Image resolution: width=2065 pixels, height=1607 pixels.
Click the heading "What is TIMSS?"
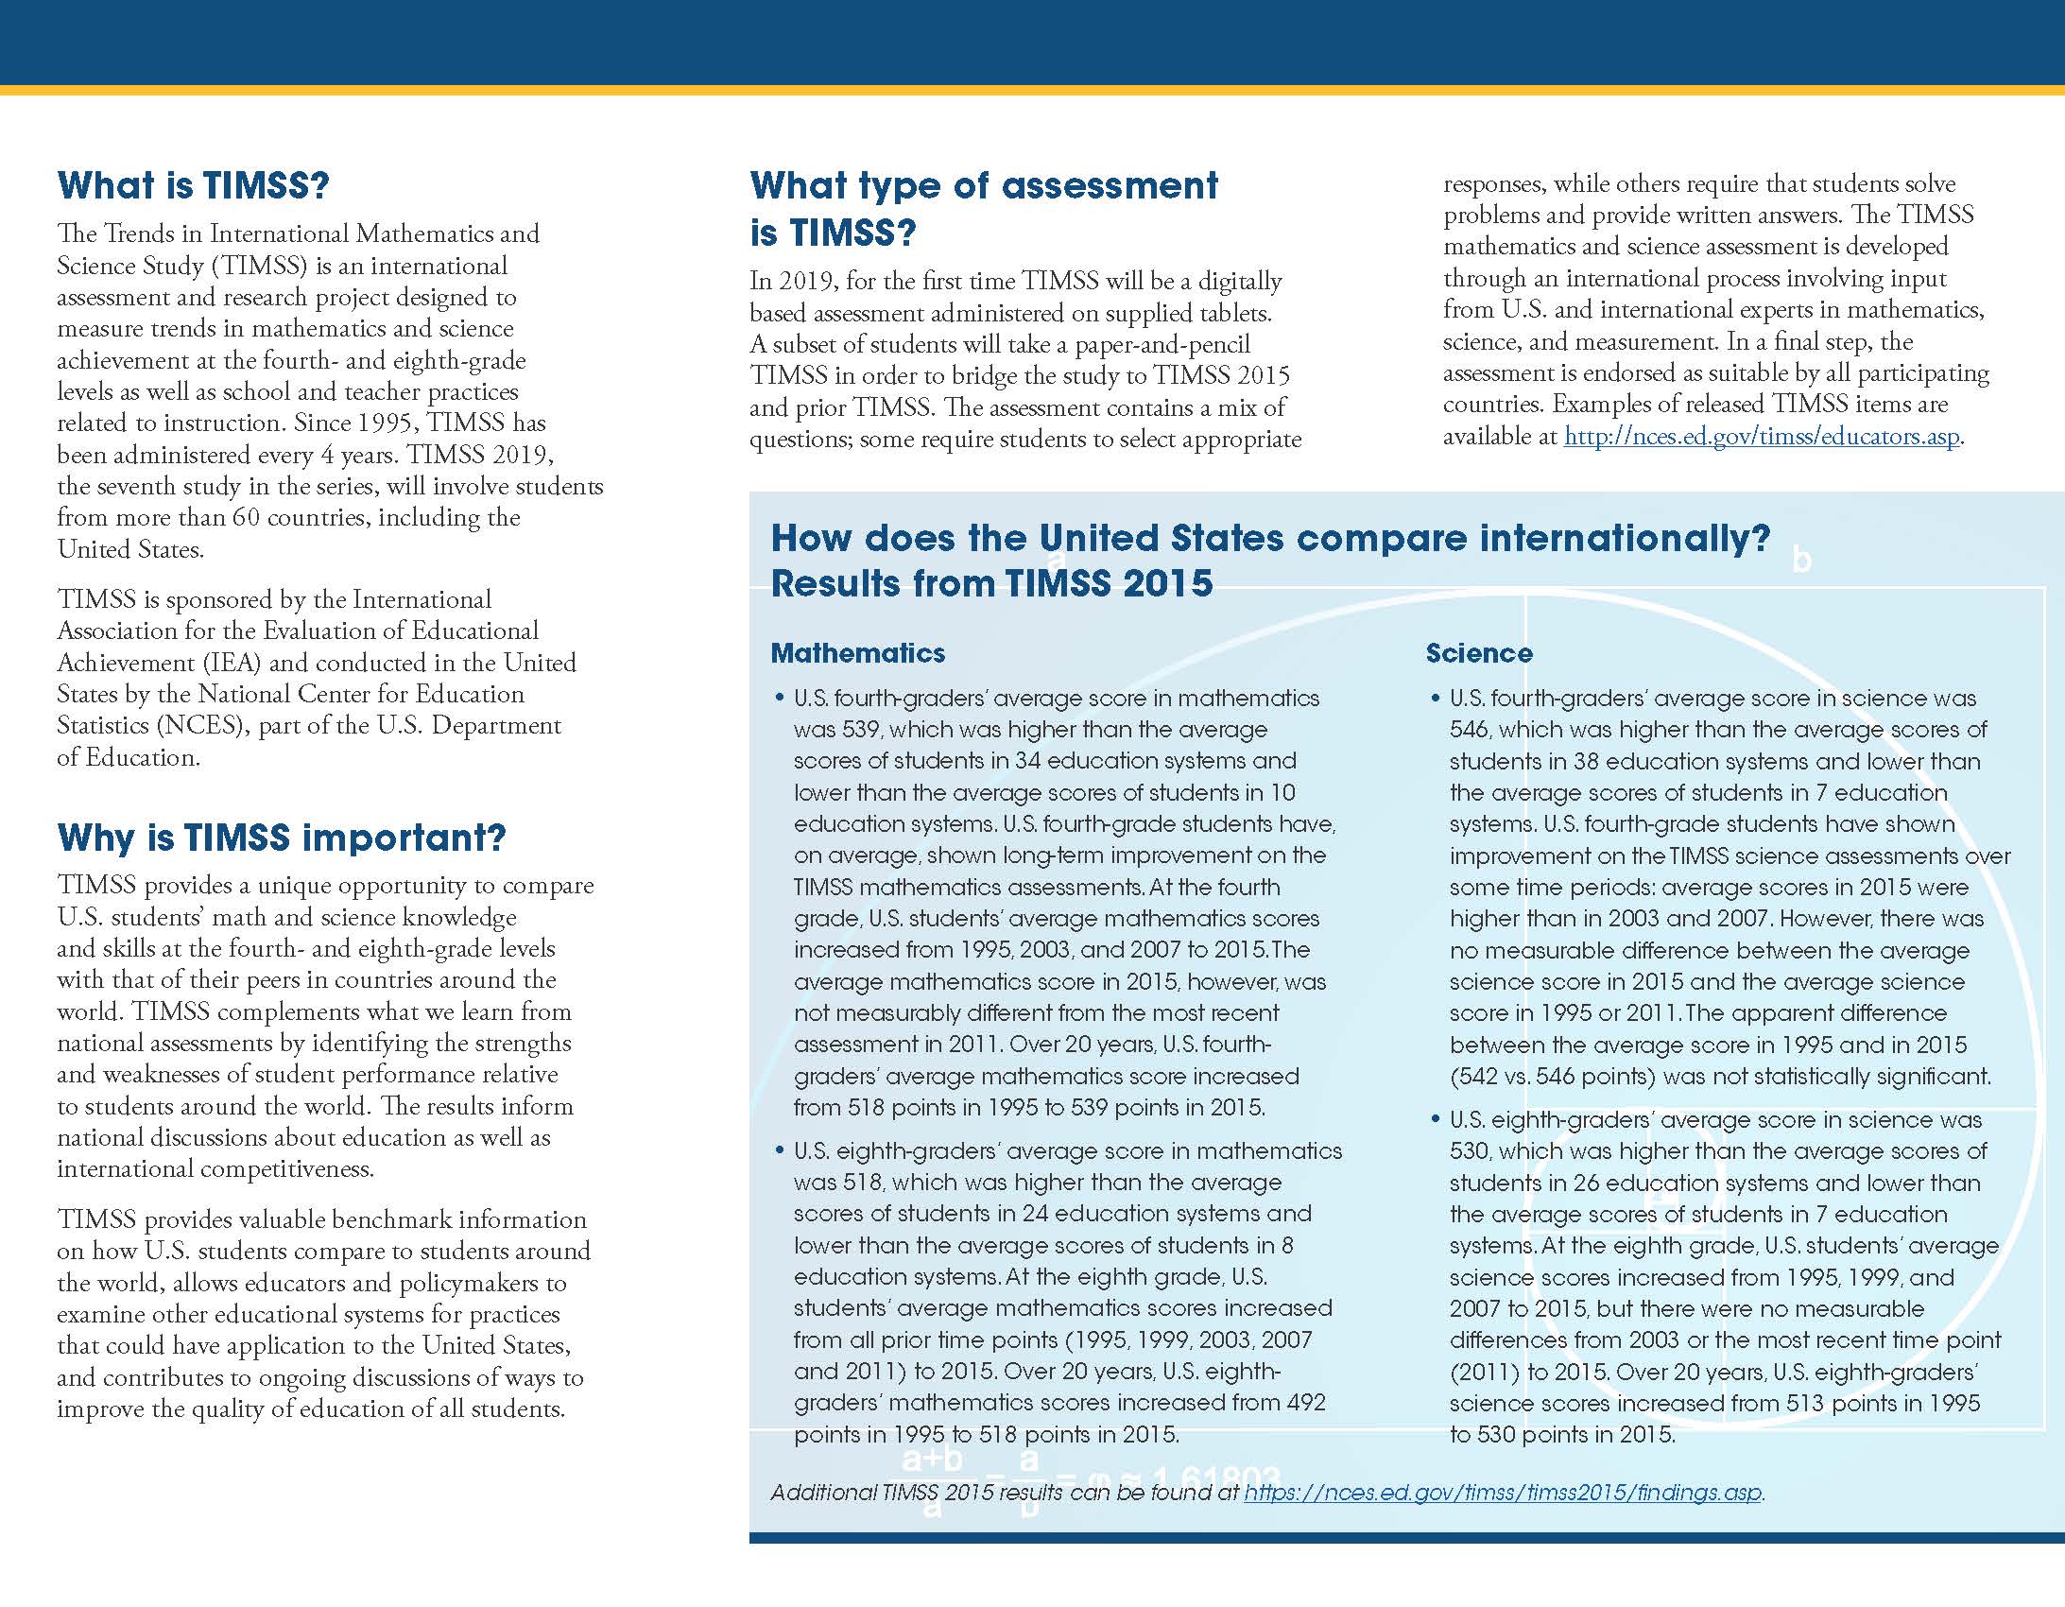coord(193,185)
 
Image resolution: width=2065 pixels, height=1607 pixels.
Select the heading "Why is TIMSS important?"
coord(282,838)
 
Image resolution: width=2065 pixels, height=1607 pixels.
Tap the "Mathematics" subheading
coord(857,653)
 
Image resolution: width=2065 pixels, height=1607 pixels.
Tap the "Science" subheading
coord(1479,653)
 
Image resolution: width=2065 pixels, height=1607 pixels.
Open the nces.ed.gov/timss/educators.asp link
coord(1762,436)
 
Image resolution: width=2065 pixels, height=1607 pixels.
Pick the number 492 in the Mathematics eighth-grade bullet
coord(1307,1403)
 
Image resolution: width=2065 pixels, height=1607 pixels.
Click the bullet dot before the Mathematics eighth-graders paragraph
coord(779,1151)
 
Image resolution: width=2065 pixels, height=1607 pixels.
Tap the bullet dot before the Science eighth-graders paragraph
coord(1436,1120)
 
